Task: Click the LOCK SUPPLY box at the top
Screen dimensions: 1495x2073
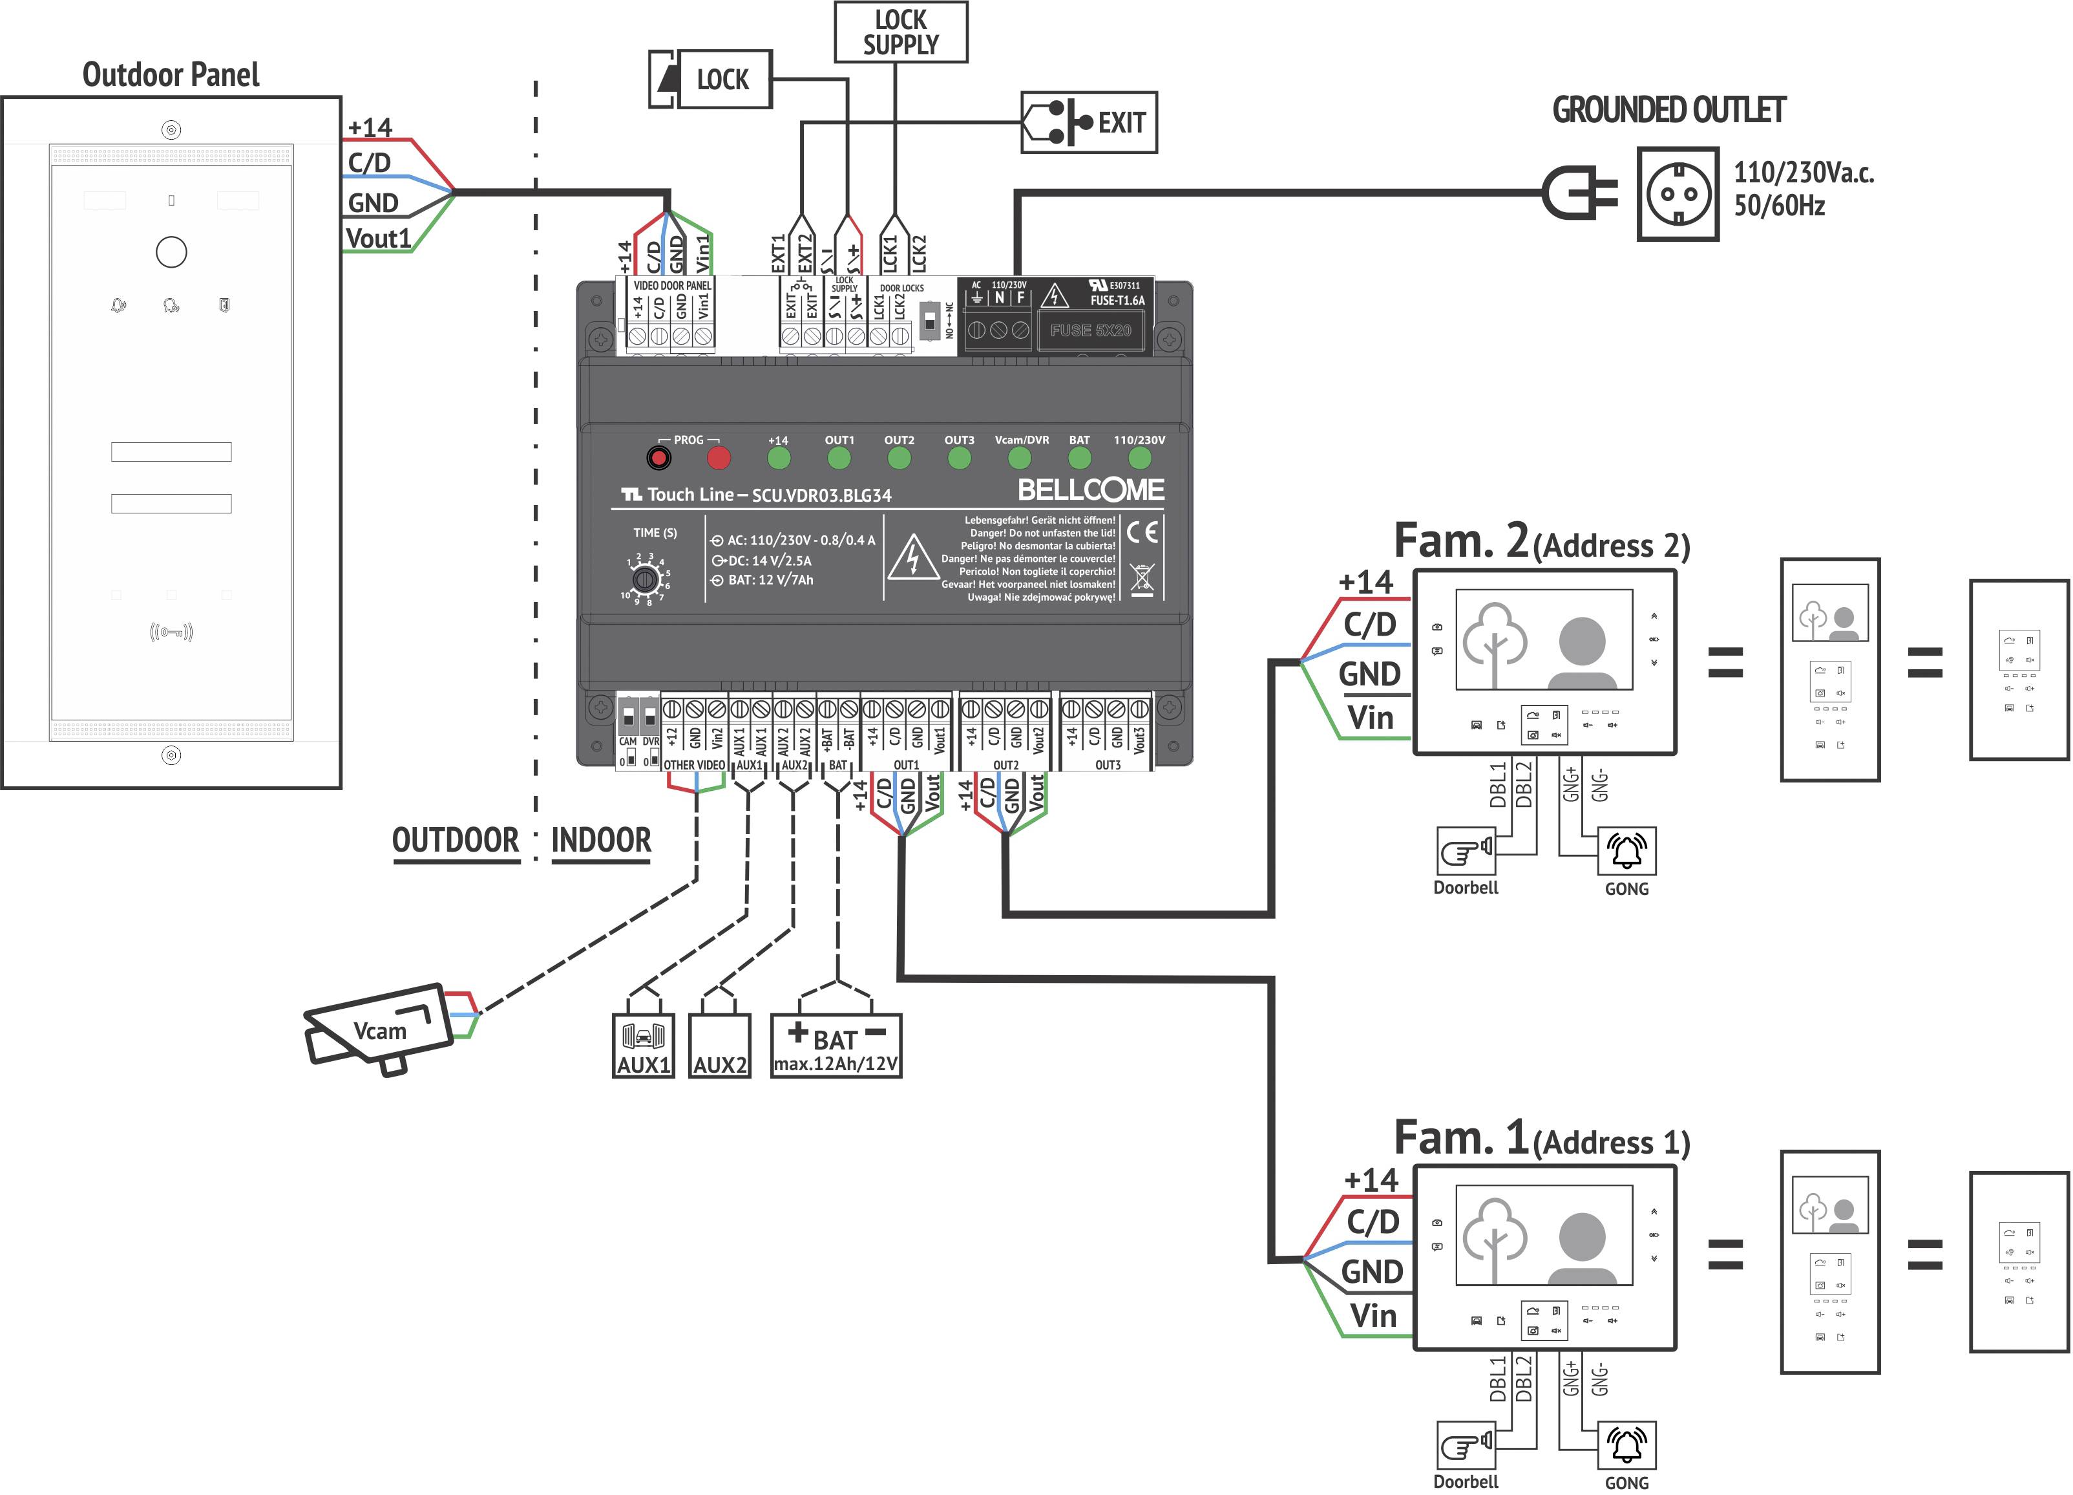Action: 900,32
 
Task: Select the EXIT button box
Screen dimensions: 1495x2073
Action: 1089,122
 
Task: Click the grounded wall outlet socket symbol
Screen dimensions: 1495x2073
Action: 1678,194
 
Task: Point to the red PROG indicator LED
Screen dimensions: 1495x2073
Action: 719,457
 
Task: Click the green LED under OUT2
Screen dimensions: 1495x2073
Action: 898,458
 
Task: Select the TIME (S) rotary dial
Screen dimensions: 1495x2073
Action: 646,579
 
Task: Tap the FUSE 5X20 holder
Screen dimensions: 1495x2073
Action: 1090,330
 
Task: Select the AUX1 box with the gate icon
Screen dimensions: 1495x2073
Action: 644,1045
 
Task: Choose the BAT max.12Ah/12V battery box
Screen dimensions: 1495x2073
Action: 836,1045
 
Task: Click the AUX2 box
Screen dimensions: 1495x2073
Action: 719,1045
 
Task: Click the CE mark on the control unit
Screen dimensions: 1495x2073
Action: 1142,532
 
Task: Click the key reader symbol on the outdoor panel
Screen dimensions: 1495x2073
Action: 171,632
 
